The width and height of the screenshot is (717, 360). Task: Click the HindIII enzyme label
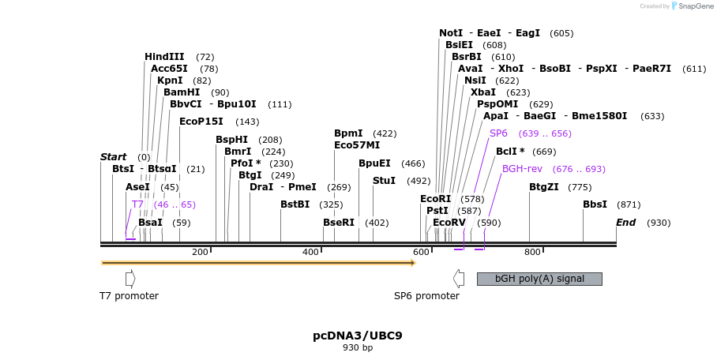point(164,57)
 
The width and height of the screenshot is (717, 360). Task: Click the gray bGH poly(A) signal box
point(539,279)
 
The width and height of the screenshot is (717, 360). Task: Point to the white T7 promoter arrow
point(130,279)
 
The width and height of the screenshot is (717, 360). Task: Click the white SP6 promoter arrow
point(458,279)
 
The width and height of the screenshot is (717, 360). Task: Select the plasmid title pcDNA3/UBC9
point(358,336)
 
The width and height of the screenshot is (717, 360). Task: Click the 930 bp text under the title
point(358,347)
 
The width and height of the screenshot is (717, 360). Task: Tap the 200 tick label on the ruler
point(200,252)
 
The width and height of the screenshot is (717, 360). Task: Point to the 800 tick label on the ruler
point(532,252)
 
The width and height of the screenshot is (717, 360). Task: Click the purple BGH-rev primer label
point(522,169)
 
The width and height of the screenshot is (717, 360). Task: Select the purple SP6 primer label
point(498,133)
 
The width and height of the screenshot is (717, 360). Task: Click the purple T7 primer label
point(137,204)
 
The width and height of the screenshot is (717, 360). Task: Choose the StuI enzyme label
point(384,181)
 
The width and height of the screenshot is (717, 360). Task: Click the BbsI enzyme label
point(595,204)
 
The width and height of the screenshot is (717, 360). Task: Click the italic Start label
point(114,157)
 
